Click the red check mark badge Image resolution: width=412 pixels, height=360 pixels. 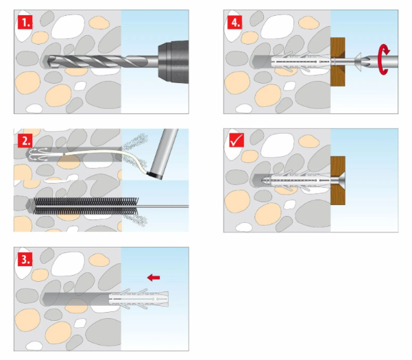[x=235, y=141]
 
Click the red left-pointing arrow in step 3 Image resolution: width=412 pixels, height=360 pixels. [x=154, y=277]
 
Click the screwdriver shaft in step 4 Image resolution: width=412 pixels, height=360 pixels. [x=394, y=62]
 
